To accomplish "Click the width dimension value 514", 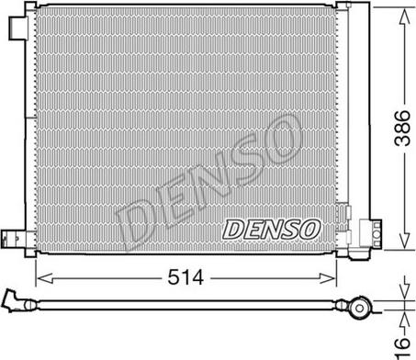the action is [x=186, y=277].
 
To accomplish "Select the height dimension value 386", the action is [x=402, y=128].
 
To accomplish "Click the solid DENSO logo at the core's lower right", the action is [x=271, y=230].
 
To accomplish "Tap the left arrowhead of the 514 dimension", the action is [x=44, y=278].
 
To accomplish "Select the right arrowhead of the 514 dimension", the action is [x=328, y=278].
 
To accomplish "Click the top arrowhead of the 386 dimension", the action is [x=404, y=17].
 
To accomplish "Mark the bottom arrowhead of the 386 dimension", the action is [x=404, y=240].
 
